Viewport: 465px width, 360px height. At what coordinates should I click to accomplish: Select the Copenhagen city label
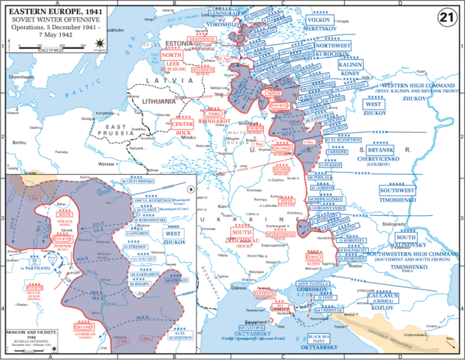point(20,77)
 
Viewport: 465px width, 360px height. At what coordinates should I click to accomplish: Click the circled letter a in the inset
point(191,190)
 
